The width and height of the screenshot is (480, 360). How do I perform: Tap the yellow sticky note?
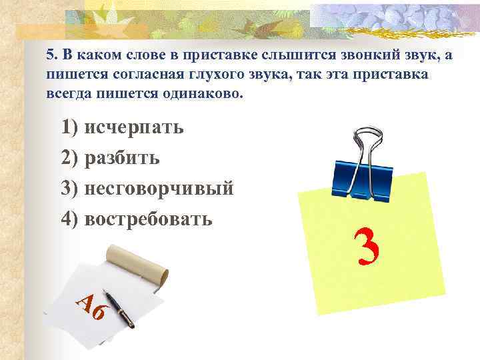click(x=373, y=247)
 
